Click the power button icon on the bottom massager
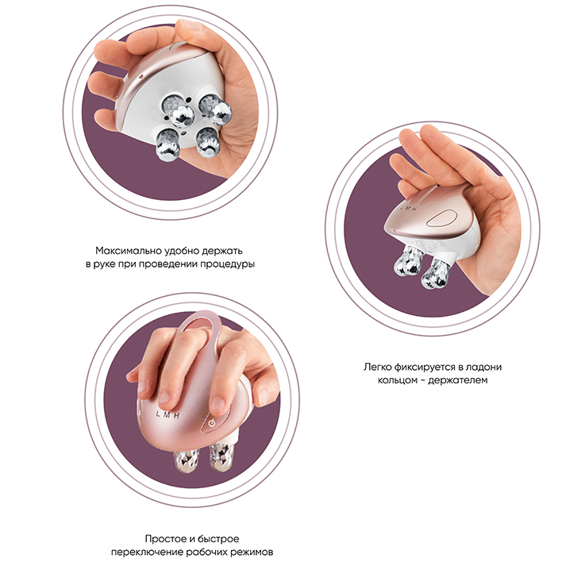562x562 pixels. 212,423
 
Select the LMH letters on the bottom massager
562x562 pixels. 167,414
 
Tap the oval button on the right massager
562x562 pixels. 441,218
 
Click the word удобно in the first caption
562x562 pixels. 182,250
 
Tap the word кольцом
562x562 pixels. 395,380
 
